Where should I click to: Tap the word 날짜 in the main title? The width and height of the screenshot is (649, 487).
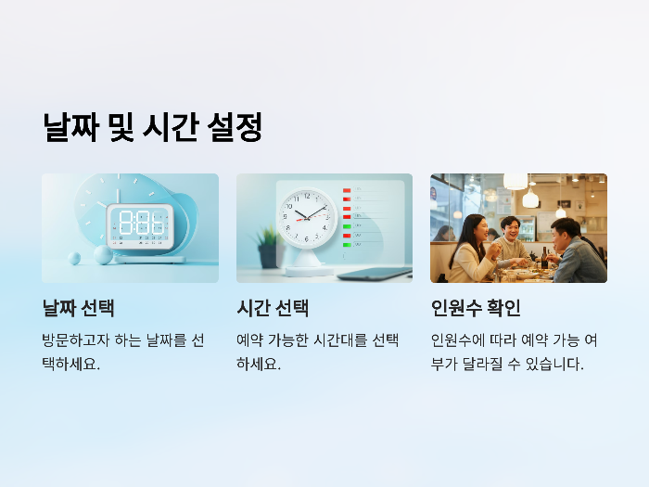tap(72, 127)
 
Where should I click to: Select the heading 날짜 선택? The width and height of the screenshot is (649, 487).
tap(78, 308)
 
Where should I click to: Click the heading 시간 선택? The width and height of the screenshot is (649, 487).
tap(273, 308)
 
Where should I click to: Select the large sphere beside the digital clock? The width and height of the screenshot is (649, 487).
tap(101, 254)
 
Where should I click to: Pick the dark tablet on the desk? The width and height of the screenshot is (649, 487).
tap(375, 273)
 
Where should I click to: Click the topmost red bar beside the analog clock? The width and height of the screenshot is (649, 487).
tap(347, 191)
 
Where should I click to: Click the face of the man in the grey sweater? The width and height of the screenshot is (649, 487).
tap(508, 227)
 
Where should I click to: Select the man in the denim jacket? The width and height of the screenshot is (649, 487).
tap(576, 252)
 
